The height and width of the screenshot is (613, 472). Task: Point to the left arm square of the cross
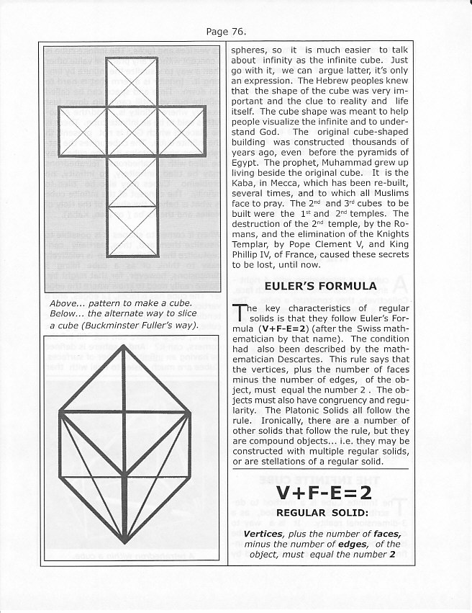point(81,131)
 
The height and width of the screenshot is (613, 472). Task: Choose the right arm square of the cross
point(181,131)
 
